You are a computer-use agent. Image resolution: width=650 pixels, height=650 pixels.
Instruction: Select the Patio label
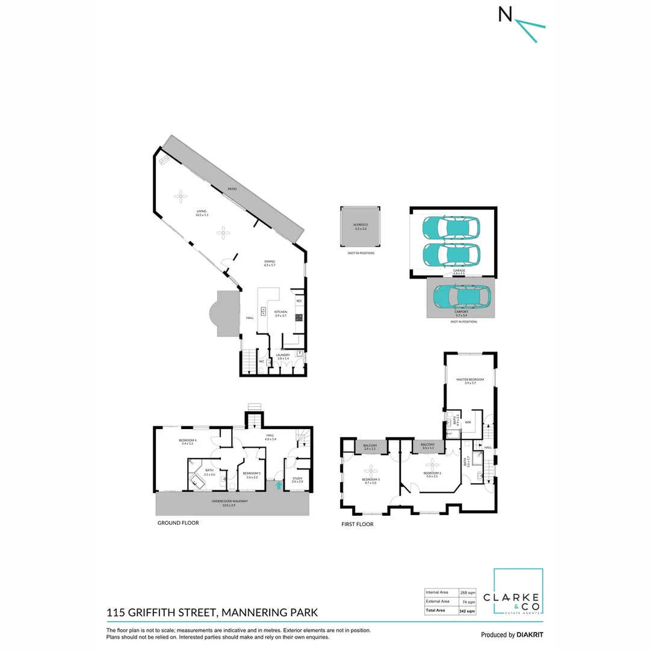click(232, 189)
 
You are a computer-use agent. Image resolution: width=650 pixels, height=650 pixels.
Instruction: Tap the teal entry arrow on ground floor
click(278, 485)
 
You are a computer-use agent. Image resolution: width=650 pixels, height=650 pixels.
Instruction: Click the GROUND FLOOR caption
click(178, 523)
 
